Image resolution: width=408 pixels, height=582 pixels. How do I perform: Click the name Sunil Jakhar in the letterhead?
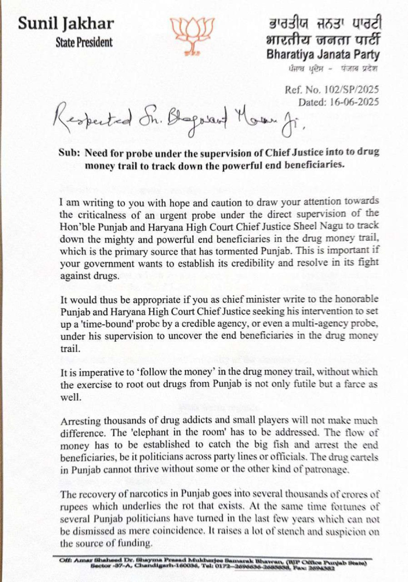pyautogui.click(x=66, y=24)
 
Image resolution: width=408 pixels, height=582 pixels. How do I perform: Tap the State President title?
pyautogui.click(x=84, y=43)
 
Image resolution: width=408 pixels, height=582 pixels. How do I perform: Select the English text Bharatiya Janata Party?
pyautogui.click(x=323, y=55)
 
